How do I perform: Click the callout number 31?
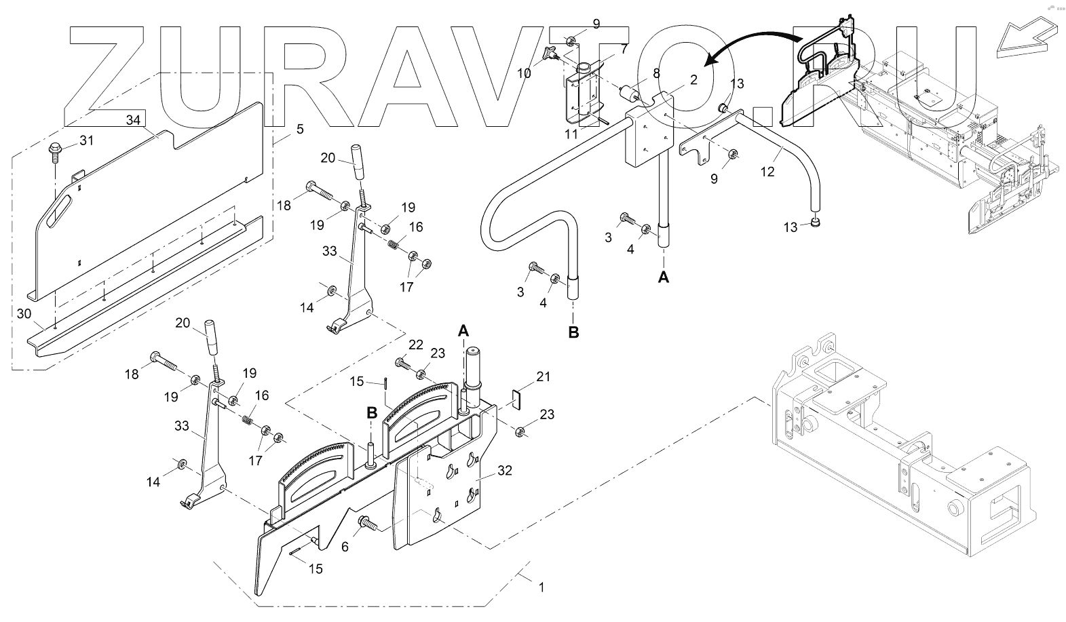tap(86, 140)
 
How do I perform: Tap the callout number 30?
tap(24, 314)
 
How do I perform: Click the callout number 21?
tap(544, 376)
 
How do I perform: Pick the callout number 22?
tap(415, 345)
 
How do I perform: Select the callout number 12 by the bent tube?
tap(767, 172)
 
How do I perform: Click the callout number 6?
tap(345, 546)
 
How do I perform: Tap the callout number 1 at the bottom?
tap(541, 587)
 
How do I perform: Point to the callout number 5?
tap(300, 128)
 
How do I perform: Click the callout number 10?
tap(525, 72)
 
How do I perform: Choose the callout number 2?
tap(693, 79)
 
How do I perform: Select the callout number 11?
tap(571, 134)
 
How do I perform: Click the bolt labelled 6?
tap(366, 524)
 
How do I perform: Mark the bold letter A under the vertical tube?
tap(664, 276)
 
